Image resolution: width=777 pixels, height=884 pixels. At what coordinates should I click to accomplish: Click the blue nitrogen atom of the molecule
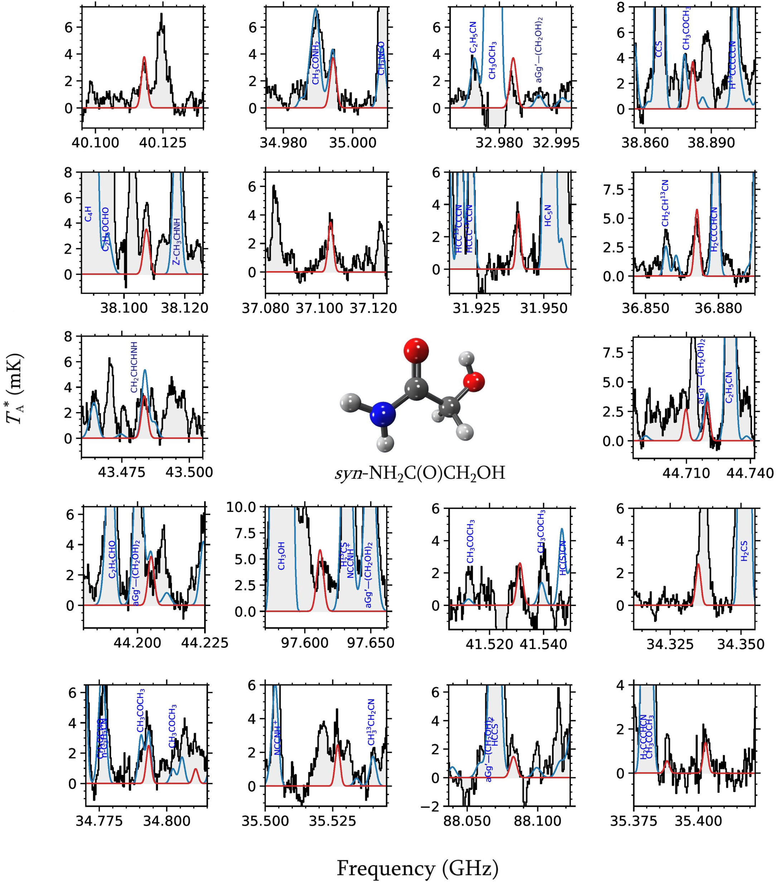click(x=383, y=414)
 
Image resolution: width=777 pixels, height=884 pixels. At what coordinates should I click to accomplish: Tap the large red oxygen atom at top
click(x=416, y=350)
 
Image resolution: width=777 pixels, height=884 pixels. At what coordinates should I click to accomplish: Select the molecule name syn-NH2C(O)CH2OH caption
click(x=420, y=473)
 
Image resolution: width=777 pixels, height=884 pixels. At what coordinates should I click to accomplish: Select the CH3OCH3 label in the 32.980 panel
click(x=492, y=60)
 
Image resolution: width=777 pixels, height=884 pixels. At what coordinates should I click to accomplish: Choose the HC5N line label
click(x=547, y=215)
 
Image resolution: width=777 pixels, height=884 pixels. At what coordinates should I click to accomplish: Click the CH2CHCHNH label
click(x=134, y=367)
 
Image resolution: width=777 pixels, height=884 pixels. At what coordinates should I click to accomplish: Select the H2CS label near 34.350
click(x=744, y=551)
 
